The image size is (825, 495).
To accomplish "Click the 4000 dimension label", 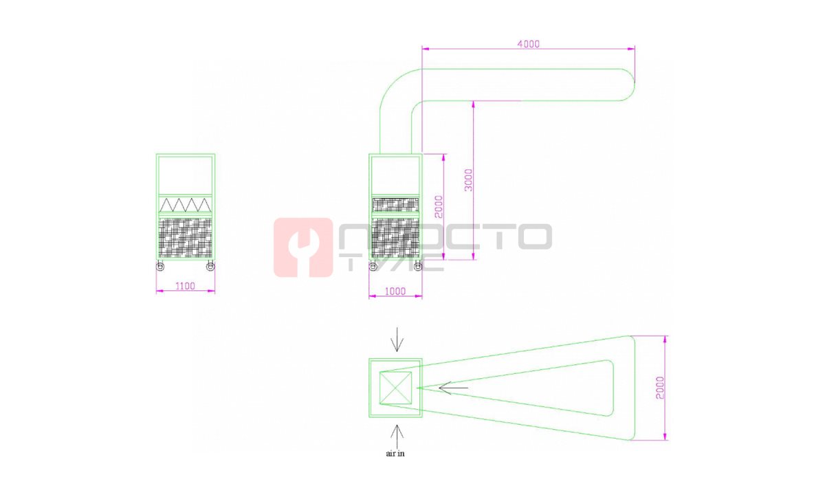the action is (x=528, y=44).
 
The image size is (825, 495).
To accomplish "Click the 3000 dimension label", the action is (x=468, y=180).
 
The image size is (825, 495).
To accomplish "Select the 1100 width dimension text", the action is (x=185, y=286).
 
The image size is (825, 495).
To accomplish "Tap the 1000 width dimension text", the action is (x=395, y=291).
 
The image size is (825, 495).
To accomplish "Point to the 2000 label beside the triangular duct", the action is (x=660, y=388).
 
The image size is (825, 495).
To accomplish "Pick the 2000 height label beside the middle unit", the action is (x=439, y=207).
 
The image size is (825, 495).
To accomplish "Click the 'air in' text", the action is (x=395, y=453).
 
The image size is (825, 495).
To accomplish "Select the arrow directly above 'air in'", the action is (x=397, y=437).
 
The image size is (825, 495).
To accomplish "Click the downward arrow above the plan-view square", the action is (x=397, y=339).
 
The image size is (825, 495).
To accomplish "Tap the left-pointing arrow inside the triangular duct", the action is (x=453, y=388).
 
